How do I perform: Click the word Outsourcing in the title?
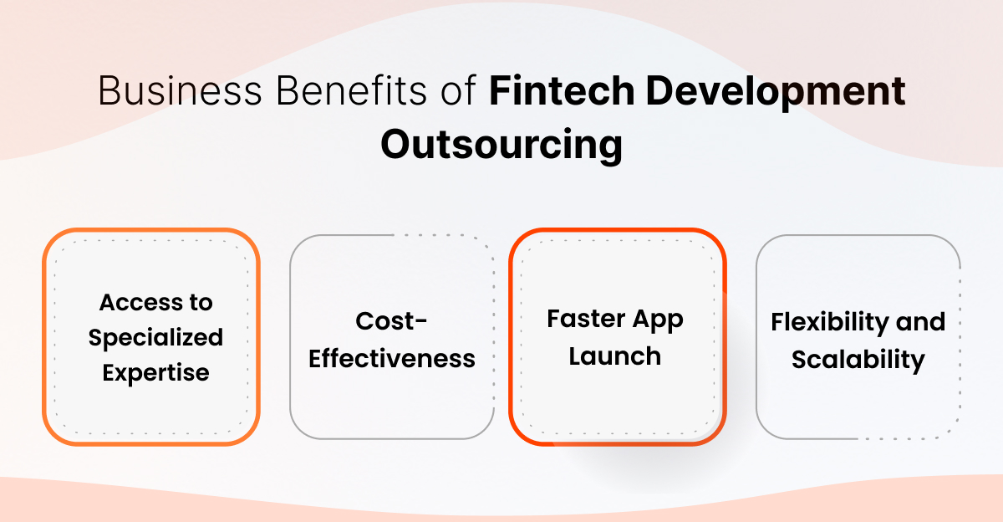click(501, 144)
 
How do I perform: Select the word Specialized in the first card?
click(156, 337)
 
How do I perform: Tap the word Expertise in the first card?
click(156, 373)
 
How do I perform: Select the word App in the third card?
click(658, 319)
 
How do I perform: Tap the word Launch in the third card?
click(615, 356)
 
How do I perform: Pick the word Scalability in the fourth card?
click(858, 360)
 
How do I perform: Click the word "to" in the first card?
click(200, 302)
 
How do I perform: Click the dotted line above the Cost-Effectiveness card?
click(443, 235)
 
